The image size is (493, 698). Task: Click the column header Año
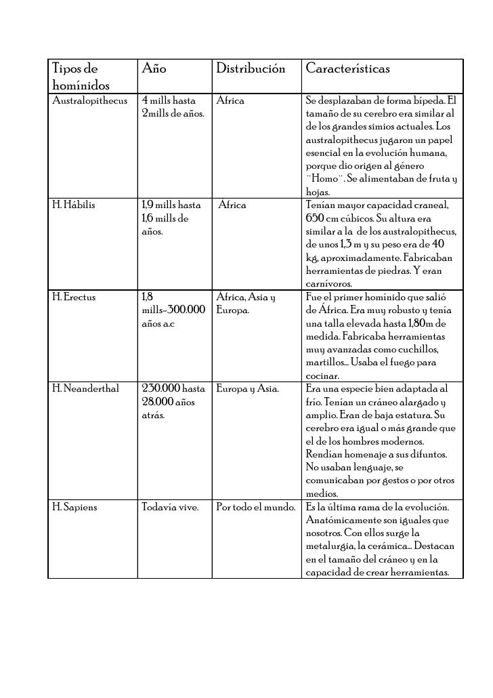pyautogui.click(x=154, y=69)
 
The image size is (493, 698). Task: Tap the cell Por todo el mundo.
pyautogui.click(x=256, y=506)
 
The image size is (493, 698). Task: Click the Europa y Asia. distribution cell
pyautogui.click(x=254, y=389)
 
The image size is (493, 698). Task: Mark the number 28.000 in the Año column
pyautogui.click(x=157, y=402)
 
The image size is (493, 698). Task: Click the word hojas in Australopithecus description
pyautogui.click(x=317, y=192)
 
